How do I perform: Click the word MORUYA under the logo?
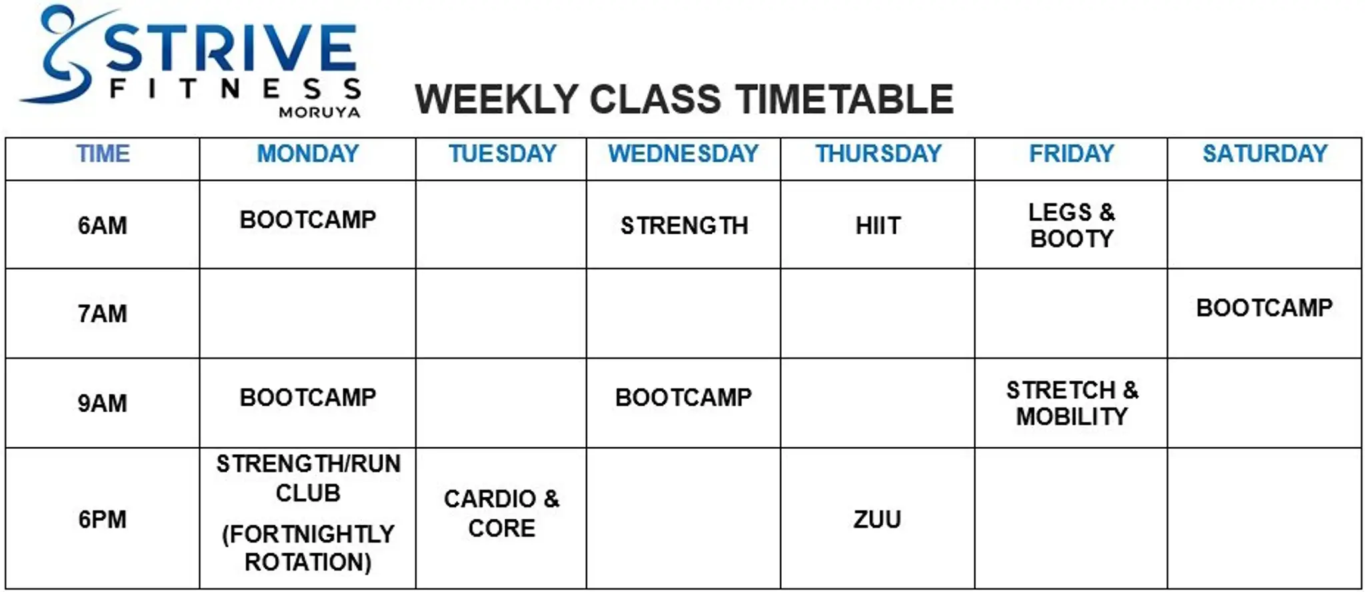pos(319,113)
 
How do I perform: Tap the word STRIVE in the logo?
pos(230,48)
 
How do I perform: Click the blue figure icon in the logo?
pos(60,57)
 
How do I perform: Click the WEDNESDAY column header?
pos(683,154)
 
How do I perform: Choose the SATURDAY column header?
pos(1264,154)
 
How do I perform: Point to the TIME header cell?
pos(103,154)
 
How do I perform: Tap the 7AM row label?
pos(102,314)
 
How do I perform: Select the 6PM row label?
pos(102,519)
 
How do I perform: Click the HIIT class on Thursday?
pos(878,226)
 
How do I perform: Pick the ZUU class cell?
pos(877,519)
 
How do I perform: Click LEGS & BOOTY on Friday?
pos(1071,225)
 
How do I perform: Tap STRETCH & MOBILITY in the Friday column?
pos(1072,403)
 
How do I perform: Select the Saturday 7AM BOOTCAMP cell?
pos(1264,308)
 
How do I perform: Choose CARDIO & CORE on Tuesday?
pos(501,513)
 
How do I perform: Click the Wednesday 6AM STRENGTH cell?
pos(684,226)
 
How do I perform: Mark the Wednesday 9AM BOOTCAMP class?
pos(683,398)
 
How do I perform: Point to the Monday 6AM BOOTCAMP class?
pos(307,220)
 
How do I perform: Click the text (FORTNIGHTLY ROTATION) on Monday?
pos(308,548)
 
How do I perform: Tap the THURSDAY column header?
pos(878,154)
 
